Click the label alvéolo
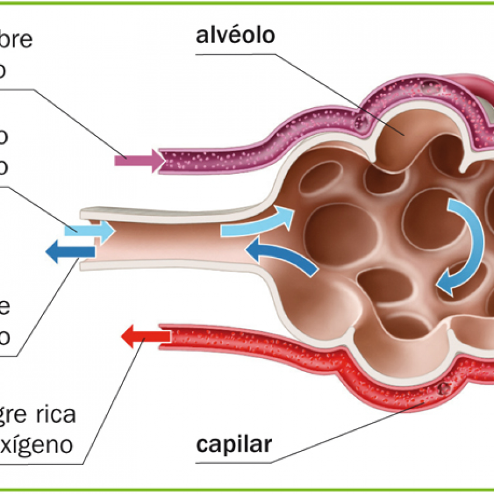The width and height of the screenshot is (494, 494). pyautogui.click(x=236, y=36)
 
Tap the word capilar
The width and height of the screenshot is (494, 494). pyautogui.click(x=234, y=445)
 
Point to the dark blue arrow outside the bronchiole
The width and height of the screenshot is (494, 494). pyautogui.click(x=70, y=253)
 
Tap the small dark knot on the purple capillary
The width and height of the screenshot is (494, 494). pyautogui.click(x=361, y=122)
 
